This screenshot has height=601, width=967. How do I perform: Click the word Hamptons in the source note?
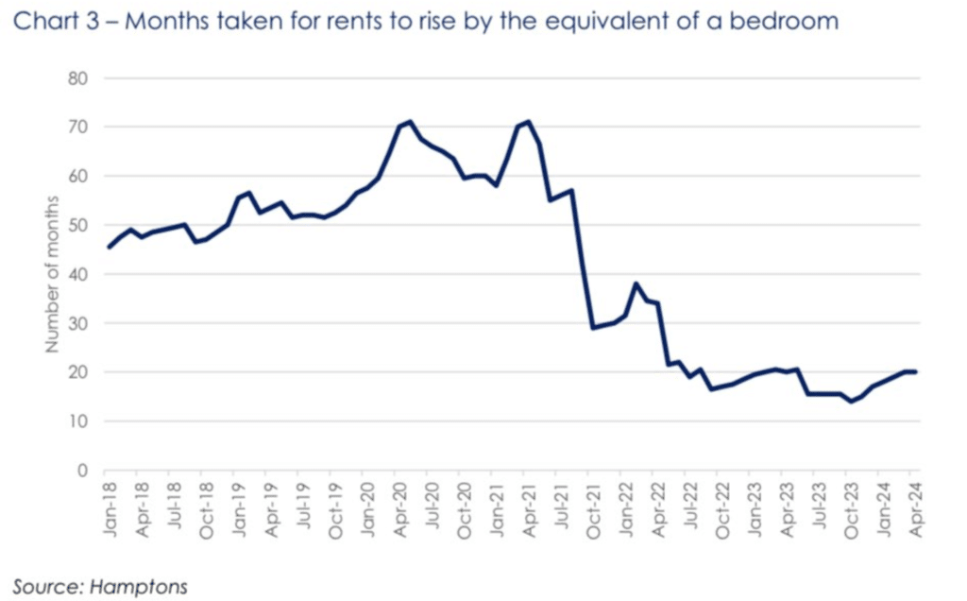(x=139, y=587)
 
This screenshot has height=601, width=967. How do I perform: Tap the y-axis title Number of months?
(x=53, y=274)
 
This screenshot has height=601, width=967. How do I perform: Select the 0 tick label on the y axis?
(x=83, y=471)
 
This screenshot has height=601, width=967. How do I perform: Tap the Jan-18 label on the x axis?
(x=110, y=511)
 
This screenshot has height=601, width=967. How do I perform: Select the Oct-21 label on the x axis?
(x=594, y=511)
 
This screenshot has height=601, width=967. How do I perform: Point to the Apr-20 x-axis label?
(x=400, y=511)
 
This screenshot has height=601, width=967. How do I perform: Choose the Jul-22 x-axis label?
(x=690, y=511)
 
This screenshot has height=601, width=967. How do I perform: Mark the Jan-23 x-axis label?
(x=755, y=511)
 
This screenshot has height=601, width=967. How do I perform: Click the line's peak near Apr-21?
(x=529, y=121)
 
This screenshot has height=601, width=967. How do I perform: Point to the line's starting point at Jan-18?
(x=109, y=248)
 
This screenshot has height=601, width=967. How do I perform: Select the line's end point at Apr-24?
(x=916, y=371)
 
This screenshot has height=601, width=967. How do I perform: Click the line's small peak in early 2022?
(x=636, y=283)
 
